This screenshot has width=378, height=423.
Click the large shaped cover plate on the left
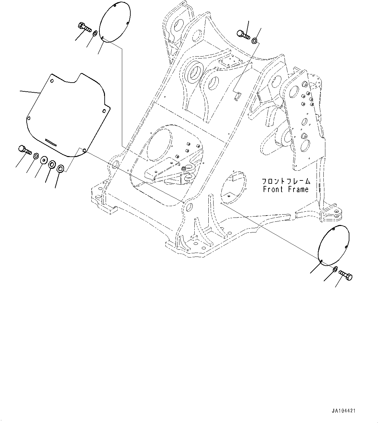click(x=67, y=115)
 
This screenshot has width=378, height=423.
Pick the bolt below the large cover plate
click(x=24, y=150)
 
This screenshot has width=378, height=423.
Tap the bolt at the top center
click(x=243, y=34)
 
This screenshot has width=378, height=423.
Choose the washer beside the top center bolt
click(x=254, y=41)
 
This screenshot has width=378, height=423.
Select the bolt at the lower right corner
click(x=346, y=275)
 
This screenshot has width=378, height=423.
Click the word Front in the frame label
click(x=273, y=189)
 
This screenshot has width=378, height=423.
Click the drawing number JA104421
click(x=344, y=411)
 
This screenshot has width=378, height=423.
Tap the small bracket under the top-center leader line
click(x=238, y=96)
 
